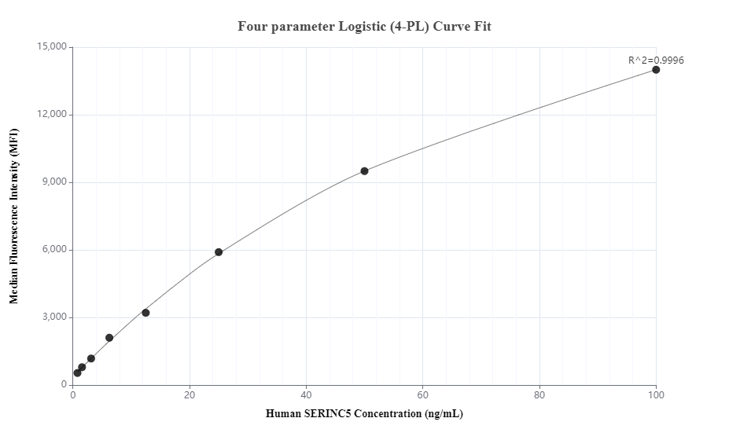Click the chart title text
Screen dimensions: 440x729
(x=364, y=26)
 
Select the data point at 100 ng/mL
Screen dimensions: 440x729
(x=656, y=70)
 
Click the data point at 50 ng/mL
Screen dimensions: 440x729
(x=364, y=170)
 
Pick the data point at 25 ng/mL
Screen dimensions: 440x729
(x=219, y=252)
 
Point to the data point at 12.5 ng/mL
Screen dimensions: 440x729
(x=145, y=313)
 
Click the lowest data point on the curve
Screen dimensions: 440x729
(x=77, y=373)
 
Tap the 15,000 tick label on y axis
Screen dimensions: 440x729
(x=52, y=47)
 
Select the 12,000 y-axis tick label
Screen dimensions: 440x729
(x=52, y=115)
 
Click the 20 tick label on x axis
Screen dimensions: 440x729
(x=190, y=395)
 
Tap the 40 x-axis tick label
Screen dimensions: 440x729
(x=306, y=395)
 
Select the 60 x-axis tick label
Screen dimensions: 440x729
(x=423, y=395)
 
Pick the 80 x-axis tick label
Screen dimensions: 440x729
(x=539, y=395)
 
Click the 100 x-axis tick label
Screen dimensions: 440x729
(x=656, y=395)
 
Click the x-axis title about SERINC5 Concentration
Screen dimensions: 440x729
(x=364, y=414)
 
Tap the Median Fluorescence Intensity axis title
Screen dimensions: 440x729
(x=13, y=216)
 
